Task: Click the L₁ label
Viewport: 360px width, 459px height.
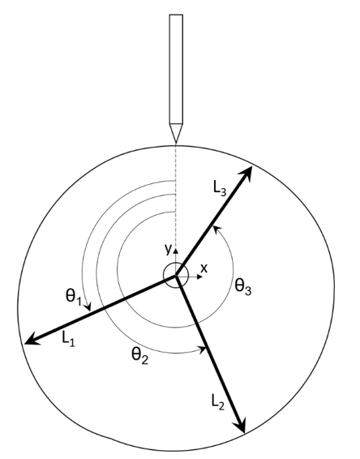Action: (x=68, y=339)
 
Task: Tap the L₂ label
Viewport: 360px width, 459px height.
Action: (x=218, y=402)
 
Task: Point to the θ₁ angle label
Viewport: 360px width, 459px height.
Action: (x=74, y=298)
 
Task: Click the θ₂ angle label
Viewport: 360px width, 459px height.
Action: (x=139, y=356)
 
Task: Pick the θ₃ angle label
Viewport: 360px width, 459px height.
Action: (x=243, y=287)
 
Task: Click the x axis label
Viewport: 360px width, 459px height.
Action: (x=204, y=268)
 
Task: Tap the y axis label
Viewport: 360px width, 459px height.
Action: (x=168, y=250)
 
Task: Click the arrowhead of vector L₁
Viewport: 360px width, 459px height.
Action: (x=32, y=340)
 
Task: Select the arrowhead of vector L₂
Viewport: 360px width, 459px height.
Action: (x=240, y=424)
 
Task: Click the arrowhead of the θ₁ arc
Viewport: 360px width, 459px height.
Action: (x=88, y=307)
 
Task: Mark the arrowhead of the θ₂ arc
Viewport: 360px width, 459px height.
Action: (x=203, y=349)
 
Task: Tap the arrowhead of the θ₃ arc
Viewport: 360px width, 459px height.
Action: (x=216, y=230)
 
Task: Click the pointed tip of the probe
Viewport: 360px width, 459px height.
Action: (x=176, y=143)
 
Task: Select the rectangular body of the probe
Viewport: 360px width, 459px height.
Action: (x=176, y=69)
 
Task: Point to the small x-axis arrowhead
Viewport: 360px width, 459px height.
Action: (x=200, y=277)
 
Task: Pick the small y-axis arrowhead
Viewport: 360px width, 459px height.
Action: (x=176, y=251)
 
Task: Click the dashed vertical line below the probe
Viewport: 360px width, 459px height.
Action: (x=176, y=196)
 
